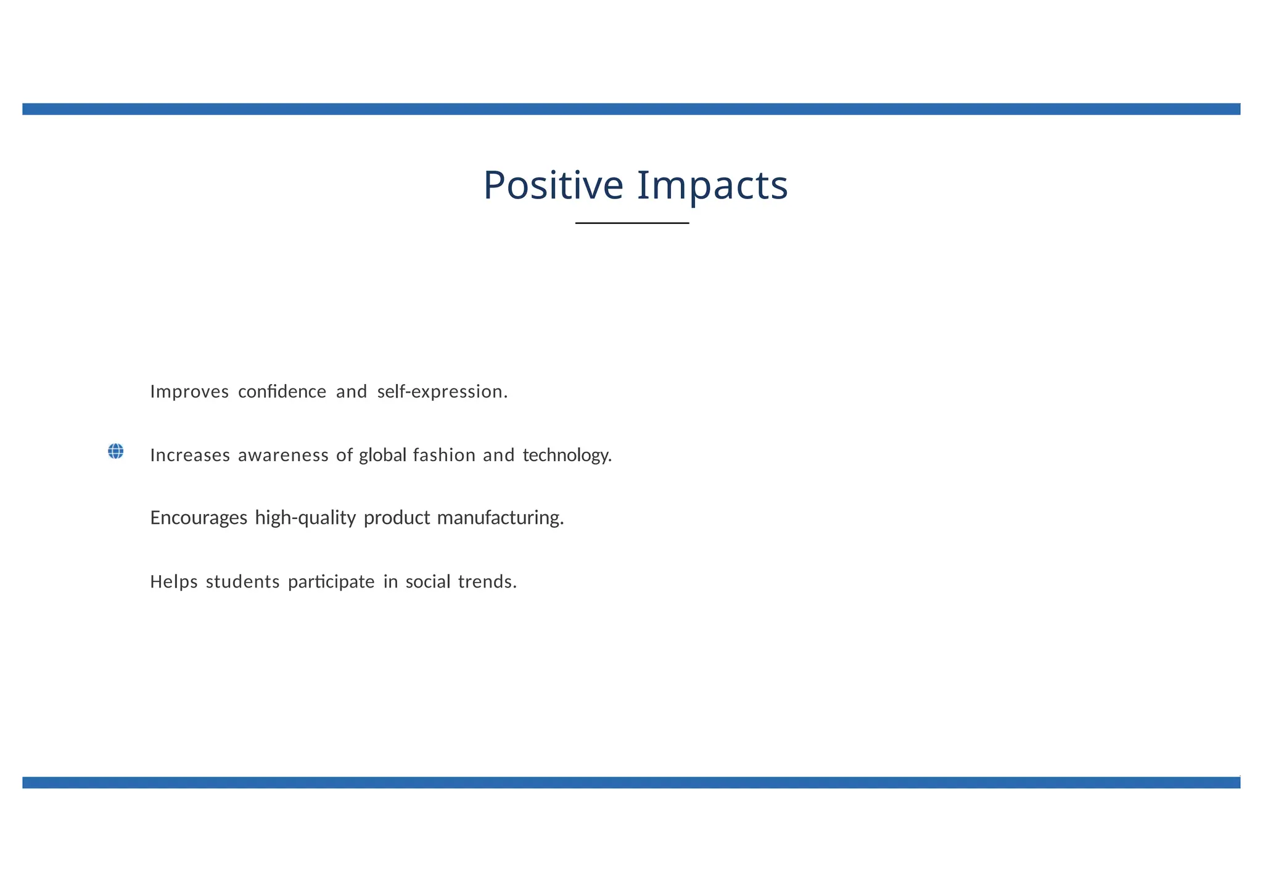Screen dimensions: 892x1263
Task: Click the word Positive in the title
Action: (553, 186)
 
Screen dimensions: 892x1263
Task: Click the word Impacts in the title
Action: (712, 186)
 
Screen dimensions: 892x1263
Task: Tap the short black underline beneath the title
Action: (632, 223)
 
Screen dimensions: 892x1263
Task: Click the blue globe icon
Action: (115, 451)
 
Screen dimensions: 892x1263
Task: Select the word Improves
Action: (189, 392)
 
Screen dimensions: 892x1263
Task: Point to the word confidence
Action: (282, 392)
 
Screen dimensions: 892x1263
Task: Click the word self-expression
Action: (442, 392)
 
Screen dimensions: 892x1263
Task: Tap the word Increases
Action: (190, 456)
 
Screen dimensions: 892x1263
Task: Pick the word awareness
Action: (283, 456)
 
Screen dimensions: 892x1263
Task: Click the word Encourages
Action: (199, 518)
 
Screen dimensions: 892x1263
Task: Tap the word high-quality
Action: (305, 518)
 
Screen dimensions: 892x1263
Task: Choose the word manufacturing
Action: (500, 518)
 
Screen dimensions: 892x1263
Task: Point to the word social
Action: (428, 582)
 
